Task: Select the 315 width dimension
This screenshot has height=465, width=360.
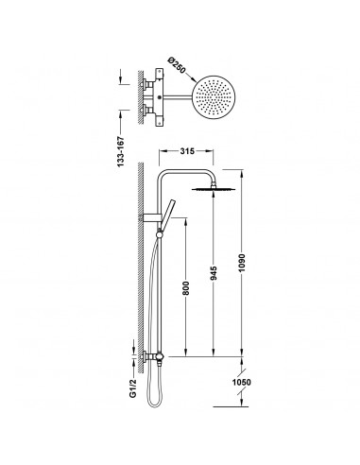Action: pyautogui.click(x=187, y=151)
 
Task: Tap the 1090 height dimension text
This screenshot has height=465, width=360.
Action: pyautogui.click(x=242, y=263)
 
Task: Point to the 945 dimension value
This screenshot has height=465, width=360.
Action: pyautogui.click(x=214, y=273)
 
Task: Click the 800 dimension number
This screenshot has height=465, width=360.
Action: pyautogui.click(x=185, y=288)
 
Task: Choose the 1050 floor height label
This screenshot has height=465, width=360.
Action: pyautogui.click(x=242, y=382)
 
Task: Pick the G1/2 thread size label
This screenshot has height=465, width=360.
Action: pyautogui.click(x=133, y=387)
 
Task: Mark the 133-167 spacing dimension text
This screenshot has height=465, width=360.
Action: pyautogui.click(x=121, y=151)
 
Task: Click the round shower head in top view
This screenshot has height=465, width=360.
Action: pyautogui.click(x=214, y=96)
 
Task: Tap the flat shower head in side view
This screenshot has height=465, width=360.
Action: pyautogui.click(x=214, y=189)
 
